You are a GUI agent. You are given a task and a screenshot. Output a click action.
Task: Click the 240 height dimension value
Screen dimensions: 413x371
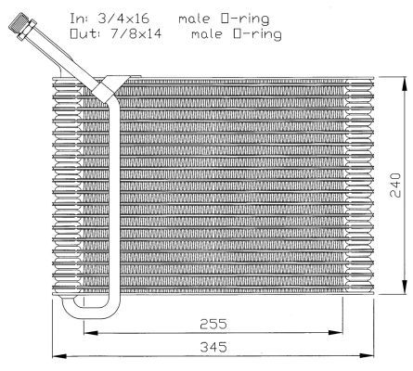pyautogui.click(x=395, y=185)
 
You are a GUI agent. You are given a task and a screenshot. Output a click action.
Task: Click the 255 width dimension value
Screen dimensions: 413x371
pyautogui.click(x=213, y=324)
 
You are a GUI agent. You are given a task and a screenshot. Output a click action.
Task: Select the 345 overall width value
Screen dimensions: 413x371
pyautogui.click(x=213, y=347)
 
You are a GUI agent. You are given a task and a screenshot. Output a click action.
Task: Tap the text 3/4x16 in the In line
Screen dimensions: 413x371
pyautogui.click(x=123, y=19)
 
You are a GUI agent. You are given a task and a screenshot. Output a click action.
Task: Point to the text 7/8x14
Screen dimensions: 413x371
pyautogui.click(x=136, y=33)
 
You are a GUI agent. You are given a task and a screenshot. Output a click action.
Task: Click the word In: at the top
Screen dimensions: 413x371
pyautogui.click(x=79, y=19)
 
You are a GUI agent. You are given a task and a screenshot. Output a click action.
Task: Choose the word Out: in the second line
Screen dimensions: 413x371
pyautogui.click(x=84, y=33)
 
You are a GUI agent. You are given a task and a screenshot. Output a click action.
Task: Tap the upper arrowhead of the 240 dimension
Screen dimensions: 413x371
pyautogui.click(x=405, y=83)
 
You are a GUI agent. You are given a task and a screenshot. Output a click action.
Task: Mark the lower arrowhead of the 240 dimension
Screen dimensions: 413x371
pyautogui.click(x=405, y=287)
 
